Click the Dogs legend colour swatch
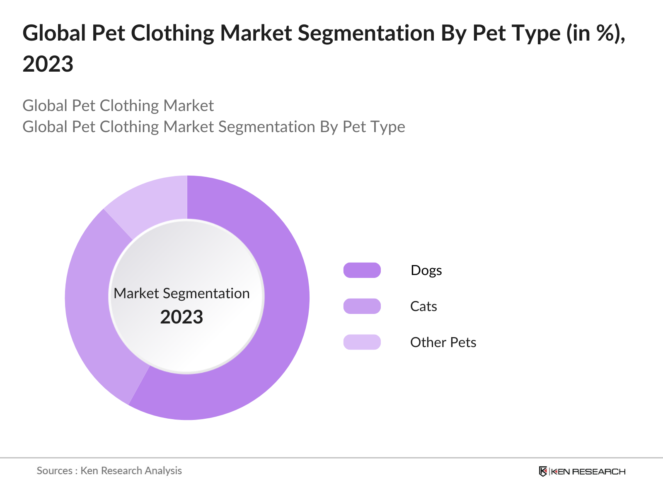click(x=362, y=270)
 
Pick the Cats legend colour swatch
click(x=362, y=306)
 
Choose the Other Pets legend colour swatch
click(x=362, y=342)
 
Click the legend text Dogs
click(x=426, y=270)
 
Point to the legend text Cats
click(x=423, y=306)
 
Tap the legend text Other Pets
click(x=443, y=342)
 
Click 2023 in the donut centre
click(x=181, y=317)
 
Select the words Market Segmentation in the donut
click(x=181, y=293)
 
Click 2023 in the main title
click(x=48, y=64)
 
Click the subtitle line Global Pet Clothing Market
click(x=118, y=106)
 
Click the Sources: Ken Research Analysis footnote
click(x=109, y=470)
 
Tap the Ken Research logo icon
click(x=543, y=471)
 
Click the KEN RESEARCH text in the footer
click(x=588, y=471)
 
